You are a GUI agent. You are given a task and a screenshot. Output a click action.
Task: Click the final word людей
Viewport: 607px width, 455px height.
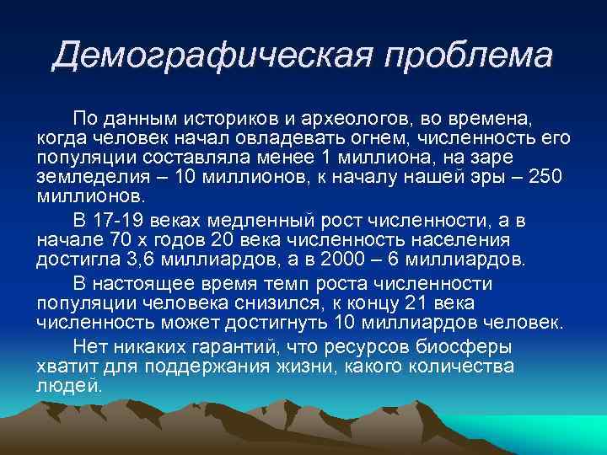tap(69, 387)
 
